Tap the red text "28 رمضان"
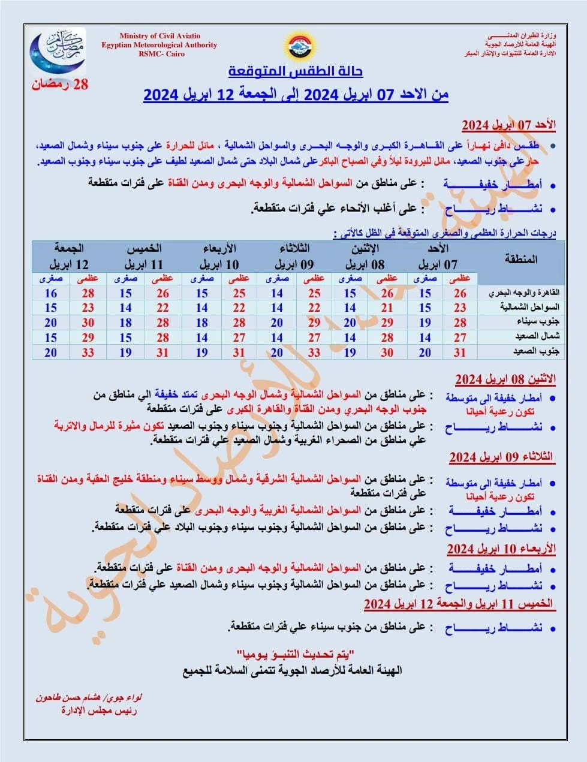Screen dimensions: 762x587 click(x=60, y=85)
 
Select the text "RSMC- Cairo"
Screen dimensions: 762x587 click(x=161, y=54)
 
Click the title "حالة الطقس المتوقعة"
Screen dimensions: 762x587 click(x=296, y=71)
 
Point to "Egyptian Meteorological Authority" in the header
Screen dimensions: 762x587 click(x=159, y=45)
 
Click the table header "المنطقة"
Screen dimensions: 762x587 click(x=520, y=260)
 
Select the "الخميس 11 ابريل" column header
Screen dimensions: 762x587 click(x=144, y=256)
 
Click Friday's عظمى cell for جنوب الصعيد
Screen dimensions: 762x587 click(x=88, y=353)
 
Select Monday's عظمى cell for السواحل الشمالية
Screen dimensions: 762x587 click(x=387, y=308)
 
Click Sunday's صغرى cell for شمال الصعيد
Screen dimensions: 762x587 click(x=425, y=338)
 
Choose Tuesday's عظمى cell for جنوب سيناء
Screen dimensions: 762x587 click(x=314, y=323)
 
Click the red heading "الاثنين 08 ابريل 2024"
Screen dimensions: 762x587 click(x=505, y=380)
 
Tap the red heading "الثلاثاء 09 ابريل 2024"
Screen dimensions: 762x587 click(x=501, y=457)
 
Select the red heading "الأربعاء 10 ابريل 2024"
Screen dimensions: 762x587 click(x=501, y=549)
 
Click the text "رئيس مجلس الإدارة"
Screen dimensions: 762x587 click(x=99, y=711)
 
